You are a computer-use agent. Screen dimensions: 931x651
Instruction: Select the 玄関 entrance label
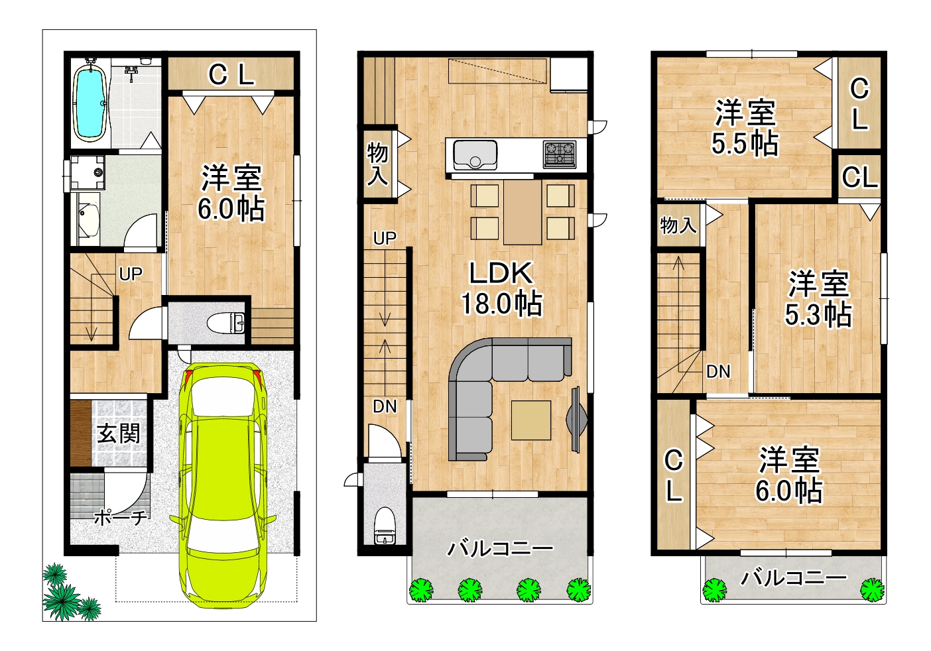click(119, 434)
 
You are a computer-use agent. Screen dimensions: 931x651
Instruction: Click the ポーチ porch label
click(121, 518)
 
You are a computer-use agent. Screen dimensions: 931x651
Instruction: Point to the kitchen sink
click(475, 154)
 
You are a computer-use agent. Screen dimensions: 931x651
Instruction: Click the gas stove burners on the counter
click(560, 154)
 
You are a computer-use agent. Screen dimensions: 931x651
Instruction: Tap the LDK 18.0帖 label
click(501, 288)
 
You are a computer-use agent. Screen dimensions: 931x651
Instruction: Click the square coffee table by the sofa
click(530, 420)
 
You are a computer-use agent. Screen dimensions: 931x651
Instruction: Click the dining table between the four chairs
click(523, 212)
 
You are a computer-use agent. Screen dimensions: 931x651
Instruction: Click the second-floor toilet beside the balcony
click(384, 525)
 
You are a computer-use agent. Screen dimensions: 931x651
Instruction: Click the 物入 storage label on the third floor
click(678, 225)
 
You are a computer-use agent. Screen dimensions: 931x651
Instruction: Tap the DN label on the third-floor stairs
click(718, 372)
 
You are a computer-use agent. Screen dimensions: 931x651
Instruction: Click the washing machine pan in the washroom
click(88, 172)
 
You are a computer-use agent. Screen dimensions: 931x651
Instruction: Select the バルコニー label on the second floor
click(500, 549)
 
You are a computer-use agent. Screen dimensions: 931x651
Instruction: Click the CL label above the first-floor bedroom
click(231, 74)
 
